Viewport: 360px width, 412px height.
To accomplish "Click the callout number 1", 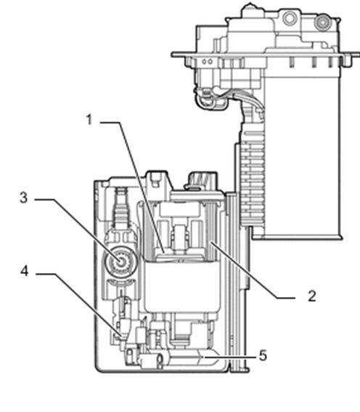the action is [x=89, y=120].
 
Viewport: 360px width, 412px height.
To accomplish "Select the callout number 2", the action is [x=311, y=296].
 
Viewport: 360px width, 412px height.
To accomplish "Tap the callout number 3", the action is [x=24, y=198].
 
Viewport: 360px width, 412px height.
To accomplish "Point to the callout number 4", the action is [x=25, y=271].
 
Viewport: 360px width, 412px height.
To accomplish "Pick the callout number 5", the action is [x=263, y=356].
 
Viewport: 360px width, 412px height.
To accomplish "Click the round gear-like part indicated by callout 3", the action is [x=121, y=261].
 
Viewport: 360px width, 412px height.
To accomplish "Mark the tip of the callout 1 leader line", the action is [x=164, y=253].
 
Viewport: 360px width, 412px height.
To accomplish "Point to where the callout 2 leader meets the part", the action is [x=210, y=242].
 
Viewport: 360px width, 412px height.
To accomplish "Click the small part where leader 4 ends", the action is [x=121, y=336].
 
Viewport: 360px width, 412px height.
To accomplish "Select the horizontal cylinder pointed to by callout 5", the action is [x=181, y=358].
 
